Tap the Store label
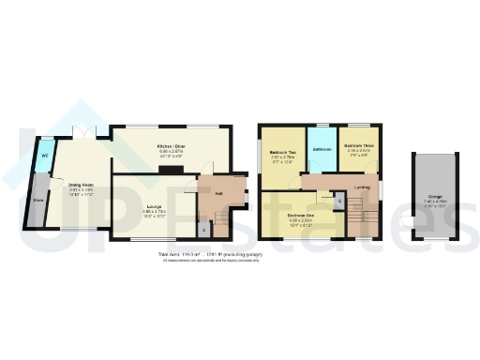[x=39, y=200]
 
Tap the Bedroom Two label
[x=282, y=152]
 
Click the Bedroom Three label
[x=359, y=147]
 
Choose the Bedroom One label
[x=301, y=215]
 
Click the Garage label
[x=437, y=196]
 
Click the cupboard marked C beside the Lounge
[x=205, y=229]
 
